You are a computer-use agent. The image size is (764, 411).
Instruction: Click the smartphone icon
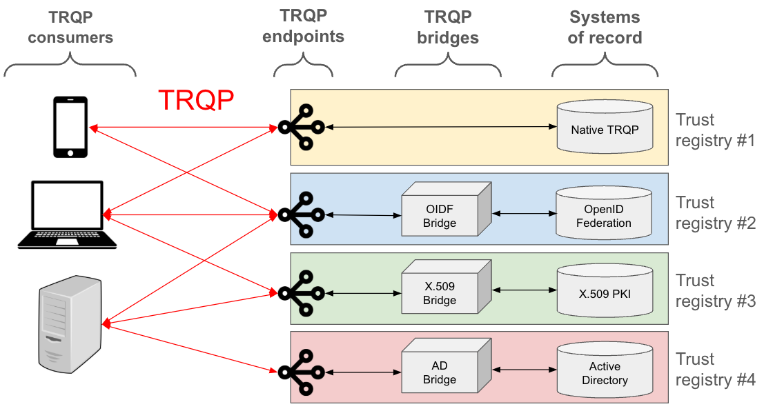coord(70,128)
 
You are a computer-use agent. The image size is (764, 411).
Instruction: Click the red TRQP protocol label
coord(196,101)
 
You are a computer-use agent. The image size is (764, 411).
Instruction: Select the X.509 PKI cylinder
coord(604,292)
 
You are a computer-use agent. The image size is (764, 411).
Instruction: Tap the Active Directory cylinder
coord(604,372)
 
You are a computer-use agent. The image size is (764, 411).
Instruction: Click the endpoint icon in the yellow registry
coord(301,127)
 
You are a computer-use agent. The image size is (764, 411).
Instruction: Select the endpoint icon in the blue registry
coord(301,215)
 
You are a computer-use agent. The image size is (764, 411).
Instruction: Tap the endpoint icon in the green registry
coord(301,293)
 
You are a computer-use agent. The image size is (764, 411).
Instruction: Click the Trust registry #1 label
coord(714,130)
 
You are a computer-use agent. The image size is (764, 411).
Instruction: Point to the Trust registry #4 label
coord(714,370)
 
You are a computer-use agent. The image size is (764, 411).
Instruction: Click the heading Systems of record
coord(605,28)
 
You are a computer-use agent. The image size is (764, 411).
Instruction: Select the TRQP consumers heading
coord(70,28)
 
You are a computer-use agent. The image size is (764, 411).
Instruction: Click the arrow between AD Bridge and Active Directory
coord(525,370)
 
